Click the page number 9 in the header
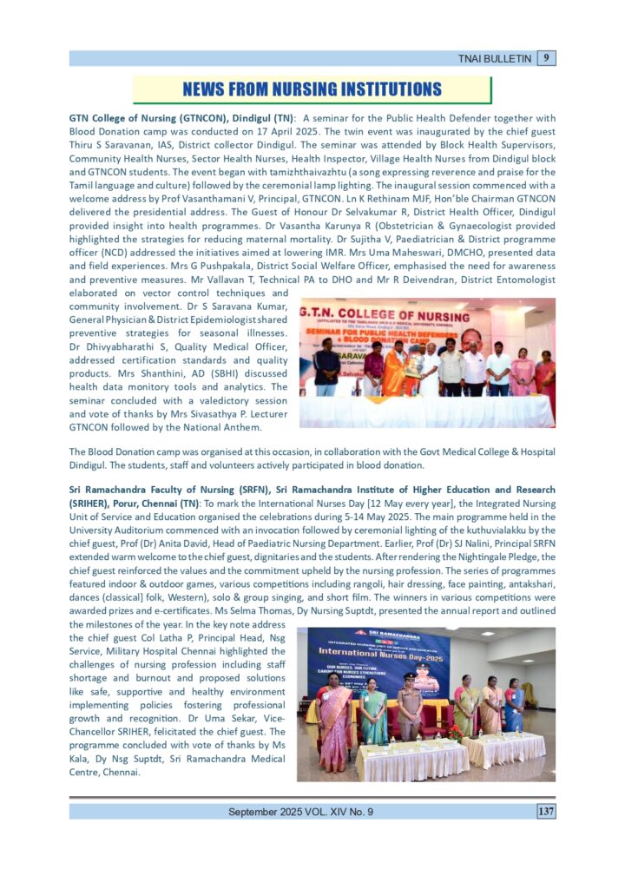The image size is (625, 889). coord(547,58)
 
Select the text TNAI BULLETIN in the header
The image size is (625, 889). coord(496,59)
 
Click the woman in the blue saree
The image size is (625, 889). coord(514,708)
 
